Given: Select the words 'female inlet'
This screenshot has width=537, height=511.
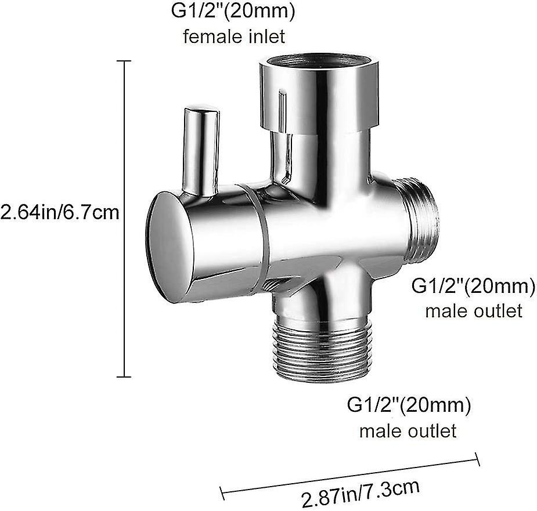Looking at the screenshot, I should pyautogui.click(x=234, y=37).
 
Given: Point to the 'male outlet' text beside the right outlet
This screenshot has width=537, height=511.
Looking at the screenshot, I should pyautogui.click(x=474, y=311).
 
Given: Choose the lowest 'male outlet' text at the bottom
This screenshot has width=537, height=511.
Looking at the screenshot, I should pyautogui.click(x=408, y=431).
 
